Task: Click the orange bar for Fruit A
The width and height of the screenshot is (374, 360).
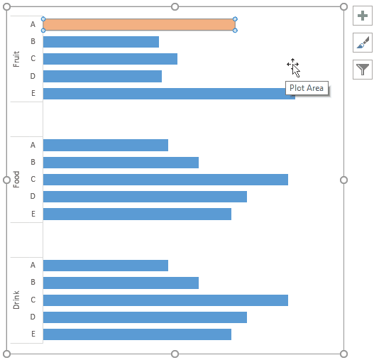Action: pyautogui.click(x=139, y=25)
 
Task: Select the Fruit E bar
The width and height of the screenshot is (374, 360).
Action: pyautogui.click(x=169, y=94)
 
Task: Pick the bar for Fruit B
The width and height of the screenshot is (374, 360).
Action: pyautogui.click(x=101, y=42)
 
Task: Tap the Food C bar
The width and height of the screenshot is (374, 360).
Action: pyautogui.click(x=165, y=180)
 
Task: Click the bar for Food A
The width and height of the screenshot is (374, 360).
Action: pyautogui.click(x=106, y=145)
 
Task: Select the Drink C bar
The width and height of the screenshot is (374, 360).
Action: pyautogui.click(x=165, y=300)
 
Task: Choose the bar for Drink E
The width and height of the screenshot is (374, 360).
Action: pyautogui.click(x=137, y=334)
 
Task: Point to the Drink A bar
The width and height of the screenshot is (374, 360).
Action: pyautogui.click(x=106, y=266)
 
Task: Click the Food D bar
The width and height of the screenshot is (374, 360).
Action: pyautogui.click(x=145, y=197)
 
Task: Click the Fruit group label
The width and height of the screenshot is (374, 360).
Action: pyautogui.click(x=16, y=59)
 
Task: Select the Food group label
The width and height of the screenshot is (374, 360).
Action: pyautogui.click(x=16, y=179)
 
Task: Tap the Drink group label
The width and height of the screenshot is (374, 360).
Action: pyautogui.click(x=16, y=300)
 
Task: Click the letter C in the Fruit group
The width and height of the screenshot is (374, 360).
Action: pyautogui.click(x=33, y=59)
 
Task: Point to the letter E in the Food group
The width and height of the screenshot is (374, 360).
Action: pyautogui.click(x=33, y=214)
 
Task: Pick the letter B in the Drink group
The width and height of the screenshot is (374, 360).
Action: pyautogui.click(x=33, y=283)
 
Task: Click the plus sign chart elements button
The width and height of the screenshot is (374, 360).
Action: pyautogui.click(x=363, y=16)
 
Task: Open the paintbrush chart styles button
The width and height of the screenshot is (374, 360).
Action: pyautogui.click(x=363, y=43)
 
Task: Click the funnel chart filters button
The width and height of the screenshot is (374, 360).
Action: pyautogui.click(x=363, y=69)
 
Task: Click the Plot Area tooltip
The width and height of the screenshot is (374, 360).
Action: pyautogui.click(x=307, y=88)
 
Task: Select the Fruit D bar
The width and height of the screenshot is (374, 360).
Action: pyautogui.click(x=102, y=76)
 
